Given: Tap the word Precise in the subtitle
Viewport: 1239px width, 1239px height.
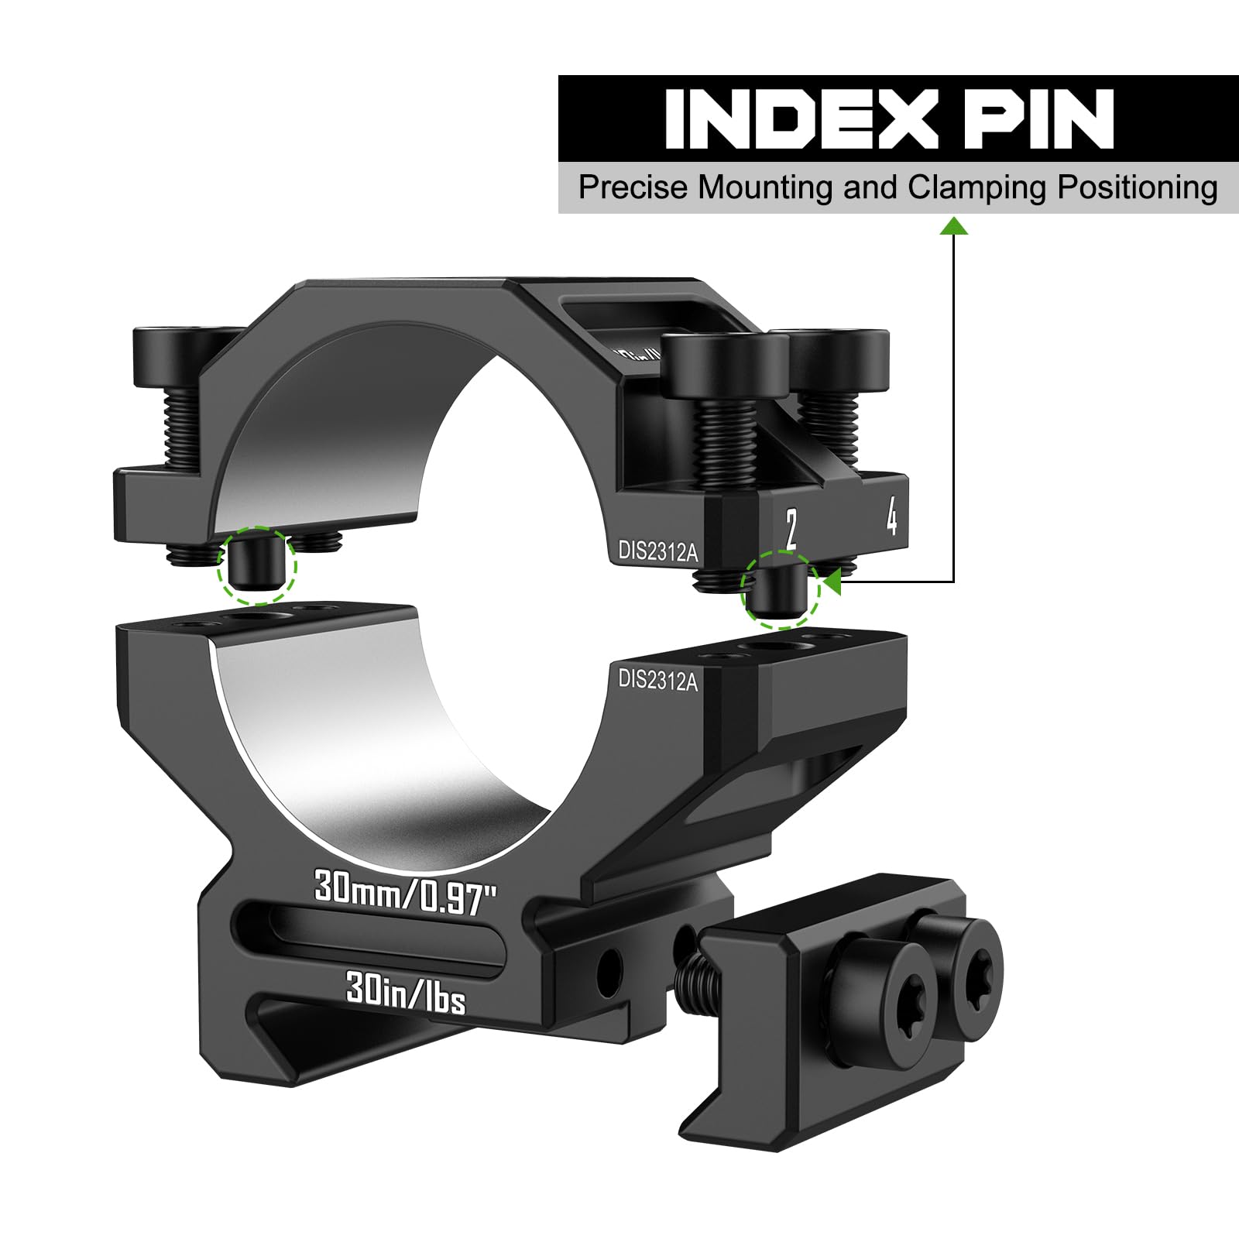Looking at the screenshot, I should pos(633,188).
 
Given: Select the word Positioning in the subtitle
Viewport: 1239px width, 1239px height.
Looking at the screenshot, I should pos(1138,188).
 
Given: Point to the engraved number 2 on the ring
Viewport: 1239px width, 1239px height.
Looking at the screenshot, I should pos(790,529).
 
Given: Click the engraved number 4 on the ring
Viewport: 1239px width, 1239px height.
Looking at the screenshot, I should pos(892,515).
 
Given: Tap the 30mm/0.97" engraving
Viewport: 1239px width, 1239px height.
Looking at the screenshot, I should pos(404,892).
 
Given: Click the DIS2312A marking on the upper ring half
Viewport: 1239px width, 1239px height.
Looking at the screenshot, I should pos(657,551).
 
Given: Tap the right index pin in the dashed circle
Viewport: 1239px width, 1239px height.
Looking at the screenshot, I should pos(781,590).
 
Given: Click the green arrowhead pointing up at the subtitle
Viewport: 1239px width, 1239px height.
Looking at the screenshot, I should pos(954,225).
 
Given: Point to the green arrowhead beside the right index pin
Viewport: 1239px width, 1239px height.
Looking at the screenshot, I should pos(832,582).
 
